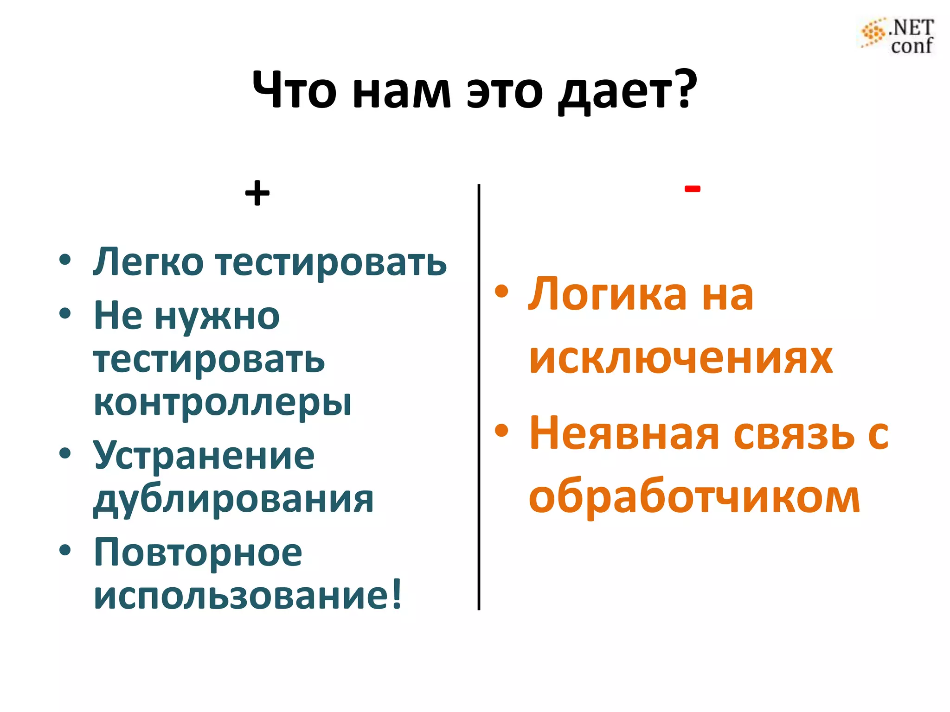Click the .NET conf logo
[898, 36]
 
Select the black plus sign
[257, 193]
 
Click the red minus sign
[692, 189]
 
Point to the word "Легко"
[148, 262]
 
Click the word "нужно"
[217, 316]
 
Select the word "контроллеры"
[222, 402]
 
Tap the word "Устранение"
[204, 455]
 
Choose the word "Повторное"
[198, 553]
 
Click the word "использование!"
[248, 596]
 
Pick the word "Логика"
[608, 294]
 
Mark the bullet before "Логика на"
[501, 292]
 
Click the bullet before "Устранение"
[65, 453]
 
